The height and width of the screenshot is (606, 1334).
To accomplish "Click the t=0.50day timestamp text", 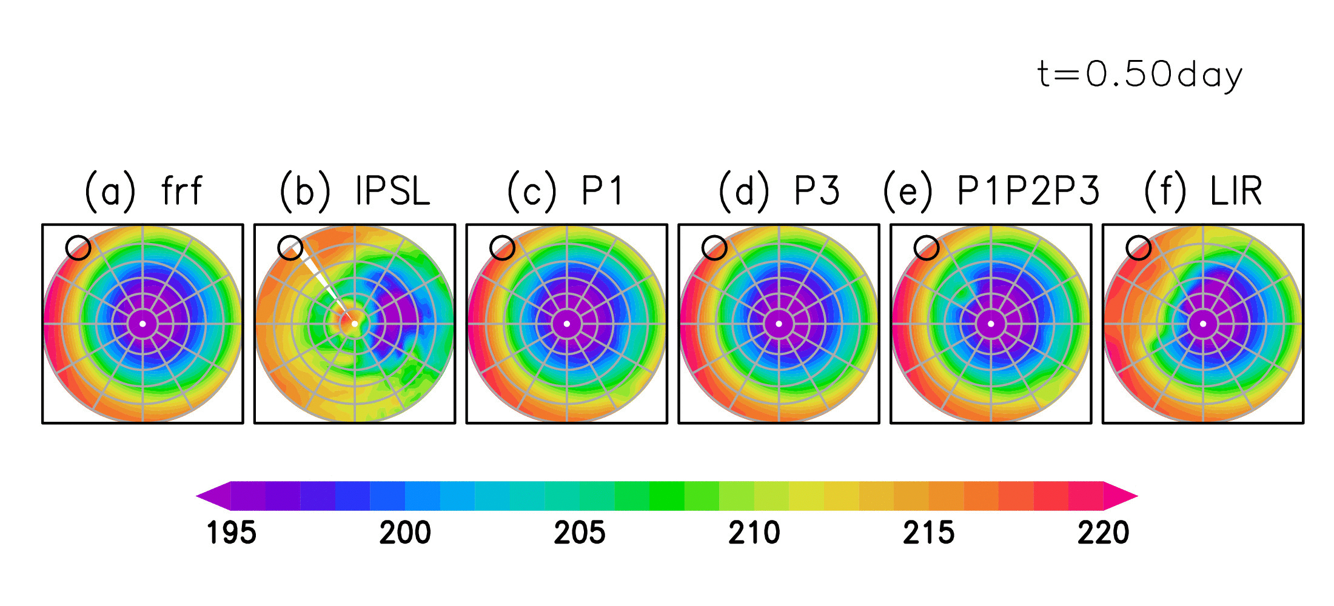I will pos(1140,75).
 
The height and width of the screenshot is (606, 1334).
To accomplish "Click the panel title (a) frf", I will pos(143,191).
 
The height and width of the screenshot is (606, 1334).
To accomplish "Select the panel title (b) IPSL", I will pos(355,191).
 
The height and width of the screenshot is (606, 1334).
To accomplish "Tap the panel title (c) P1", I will pos(565,191).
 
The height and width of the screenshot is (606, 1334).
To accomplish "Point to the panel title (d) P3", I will pos(779,191).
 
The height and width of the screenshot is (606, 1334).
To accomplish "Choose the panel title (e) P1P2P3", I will pos(991,191).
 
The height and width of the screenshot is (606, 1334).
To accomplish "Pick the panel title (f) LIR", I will pos(1203,191).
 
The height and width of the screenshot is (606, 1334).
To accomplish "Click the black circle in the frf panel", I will pos(78,248).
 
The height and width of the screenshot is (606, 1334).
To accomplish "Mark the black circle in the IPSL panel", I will pos(290,248).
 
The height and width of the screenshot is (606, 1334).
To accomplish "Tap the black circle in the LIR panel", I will pos(1138,248).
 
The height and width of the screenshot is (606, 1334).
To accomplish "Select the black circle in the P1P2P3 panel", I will pos(926,248).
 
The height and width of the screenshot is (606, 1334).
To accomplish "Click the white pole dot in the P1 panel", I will pos(567,324).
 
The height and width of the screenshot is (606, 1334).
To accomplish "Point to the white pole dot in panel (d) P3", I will pos(779,324).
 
